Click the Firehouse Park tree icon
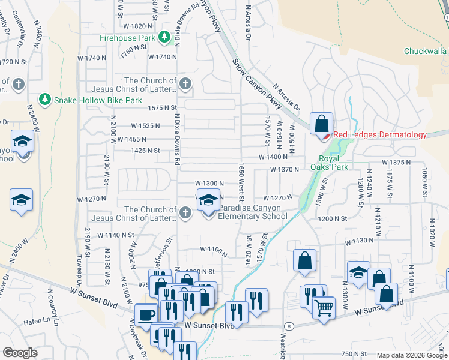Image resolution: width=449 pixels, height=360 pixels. click(x=164, y=38)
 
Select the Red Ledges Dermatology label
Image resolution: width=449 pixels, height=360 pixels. click(x=379, y=135)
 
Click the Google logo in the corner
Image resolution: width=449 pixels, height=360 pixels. click(x=20, y=352)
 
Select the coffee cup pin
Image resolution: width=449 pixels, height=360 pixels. click(x=146, y=314)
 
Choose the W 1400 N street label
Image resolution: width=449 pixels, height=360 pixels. click(x=274, y=157)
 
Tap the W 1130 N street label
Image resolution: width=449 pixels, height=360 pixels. click(x=360, y=241)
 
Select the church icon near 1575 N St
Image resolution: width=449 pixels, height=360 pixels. click(x=185, y=84)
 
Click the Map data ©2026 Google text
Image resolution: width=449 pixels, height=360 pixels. click(x=411, y=355)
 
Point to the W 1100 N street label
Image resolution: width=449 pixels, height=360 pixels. click(x=212, y=248)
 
